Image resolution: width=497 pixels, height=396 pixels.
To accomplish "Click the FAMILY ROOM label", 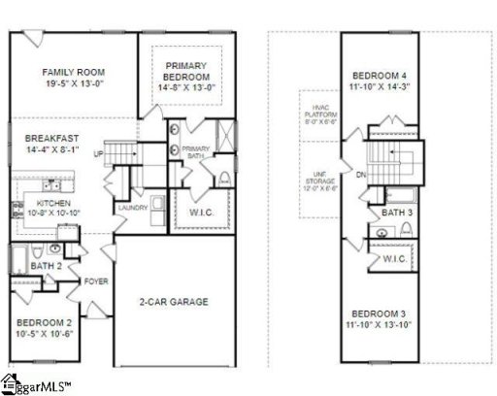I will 74,72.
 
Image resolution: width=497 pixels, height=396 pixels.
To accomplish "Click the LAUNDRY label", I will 131,208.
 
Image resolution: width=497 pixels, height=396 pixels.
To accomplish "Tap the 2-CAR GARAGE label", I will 173,302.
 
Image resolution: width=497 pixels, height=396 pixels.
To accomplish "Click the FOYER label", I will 94,282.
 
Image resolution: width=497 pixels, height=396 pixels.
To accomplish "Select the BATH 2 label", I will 45,265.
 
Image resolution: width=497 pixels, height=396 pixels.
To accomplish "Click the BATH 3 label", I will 396,212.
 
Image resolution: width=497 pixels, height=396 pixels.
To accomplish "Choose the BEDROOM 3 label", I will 379,314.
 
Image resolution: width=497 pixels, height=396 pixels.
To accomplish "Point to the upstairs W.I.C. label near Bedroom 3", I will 394,259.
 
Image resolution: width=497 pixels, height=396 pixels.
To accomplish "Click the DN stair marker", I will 360,176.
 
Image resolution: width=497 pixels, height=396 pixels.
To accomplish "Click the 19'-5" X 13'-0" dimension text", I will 74,85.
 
